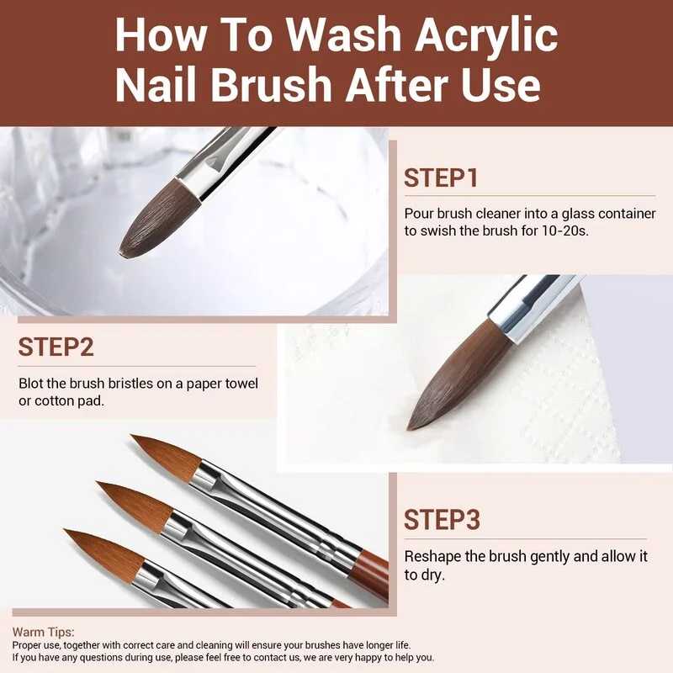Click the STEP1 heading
coord(441,178)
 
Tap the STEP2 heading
coord(56,347)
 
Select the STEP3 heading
coord(442,520)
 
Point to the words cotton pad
coord(68,400)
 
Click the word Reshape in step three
coord(431,557)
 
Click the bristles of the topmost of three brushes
coord(165,454)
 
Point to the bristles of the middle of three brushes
coord(130,501)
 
